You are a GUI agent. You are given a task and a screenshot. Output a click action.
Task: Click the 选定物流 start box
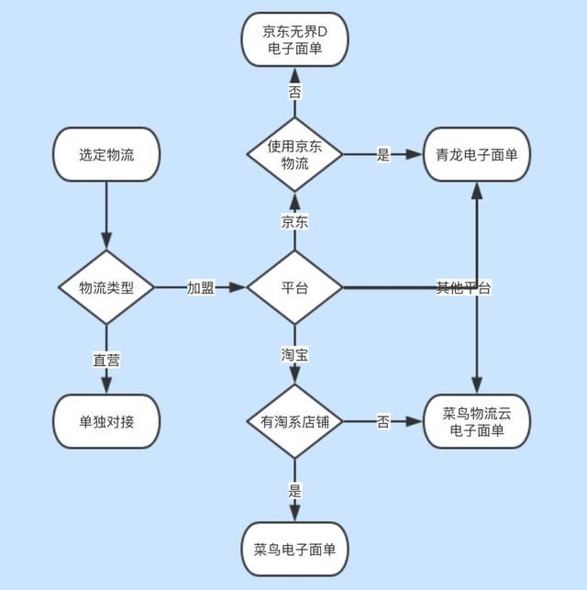tap(106, 154)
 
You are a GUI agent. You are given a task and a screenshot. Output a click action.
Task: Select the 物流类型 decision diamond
tap(106, 287)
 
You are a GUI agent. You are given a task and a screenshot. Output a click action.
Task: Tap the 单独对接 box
tap(106, 421)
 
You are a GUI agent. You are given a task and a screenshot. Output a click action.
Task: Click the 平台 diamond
tap(294, 287)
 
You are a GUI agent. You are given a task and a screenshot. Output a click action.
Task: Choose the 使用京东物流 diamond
tap(294, 154)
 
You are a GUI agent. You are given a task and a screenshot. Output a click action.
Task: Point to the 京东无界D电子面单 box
tap(294, 39)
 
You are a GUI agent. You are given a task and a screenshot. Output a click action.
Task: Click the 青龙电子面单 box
tap(477, 154)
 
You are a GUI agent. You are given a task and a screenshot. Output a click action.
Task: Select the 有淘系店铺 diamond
tap(294, 421)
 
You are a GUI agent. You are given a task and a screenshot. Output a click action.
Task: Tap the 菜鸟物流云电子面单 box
tap(477, 421)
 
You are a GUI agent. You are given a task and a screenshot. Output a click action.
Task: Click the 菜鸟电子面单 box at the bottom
tap(294, 549)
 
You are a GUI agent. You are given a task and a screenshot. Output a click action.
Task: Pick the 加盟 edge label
tap(201, 287)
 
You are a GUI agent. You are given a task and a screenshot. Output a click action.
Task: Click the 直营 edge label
tap(106, 360)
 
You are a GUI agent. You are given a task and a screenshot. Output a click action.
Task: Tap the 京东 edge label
tap(294, 221)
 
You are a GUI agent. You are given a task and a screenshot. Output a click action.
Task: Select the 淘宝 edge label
tap(294, 353)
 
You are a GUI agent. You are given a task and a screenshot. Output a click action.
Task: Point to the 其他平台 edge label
tap(463, 287)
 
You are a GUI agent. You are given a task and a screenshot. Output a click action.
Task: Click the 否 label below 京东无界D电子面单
tap(294, 93)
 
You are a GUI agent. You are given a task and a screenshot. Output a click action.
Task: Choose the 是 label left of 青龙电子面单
tap(383, 154)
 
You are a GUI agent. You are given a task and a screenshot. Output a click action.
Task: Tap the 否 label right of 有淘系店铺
tap(383, 421)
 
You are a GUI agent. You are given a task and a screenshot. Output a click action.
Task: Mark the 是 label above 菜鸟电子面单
tap(294, 490)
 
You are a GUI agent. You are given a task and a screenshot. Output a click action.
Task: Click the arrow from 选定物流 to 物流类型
tap(106, 215)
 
